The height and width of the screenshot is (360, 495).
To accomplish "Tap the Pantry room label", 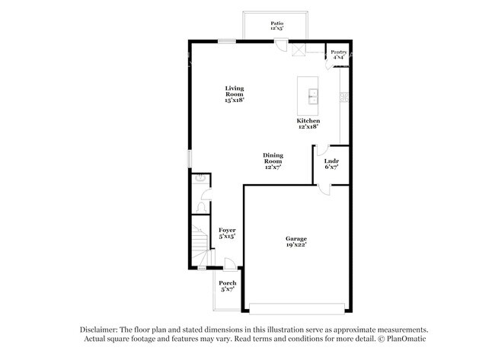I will click(338, 54).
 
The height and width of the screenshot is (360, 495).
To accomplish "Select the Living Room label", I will click(234, 94).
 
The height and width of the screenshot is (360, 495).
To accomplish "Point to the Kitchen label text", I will click(308, 124).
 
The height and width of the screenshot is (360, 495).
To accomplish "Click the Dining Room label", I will click(273, 161).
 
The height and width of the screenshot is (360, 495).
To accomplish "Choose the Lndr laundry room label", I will click(331, 164).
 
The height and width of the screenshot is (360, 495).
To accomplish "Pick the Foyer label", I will click(227, 233).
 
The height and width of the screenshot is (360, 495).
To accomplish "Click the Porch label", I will click(228, 286).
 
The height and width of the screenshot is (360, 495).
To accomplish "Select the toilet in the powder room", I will click(202, 205).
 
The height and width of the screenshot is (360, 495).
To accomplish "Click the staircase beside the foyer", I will click(200, 244).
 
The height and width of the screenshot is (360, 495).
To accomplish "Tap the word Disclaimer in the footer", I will click(101, 330).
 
